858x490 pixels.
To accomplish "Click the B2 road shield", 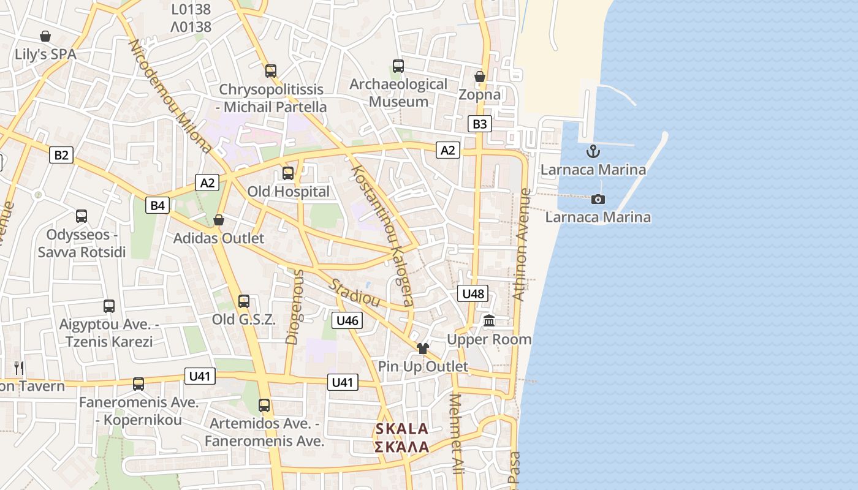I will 61,155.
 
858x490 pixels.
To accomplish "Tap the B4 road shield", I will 158,205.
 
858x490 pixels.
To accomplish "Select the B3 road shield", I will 479,124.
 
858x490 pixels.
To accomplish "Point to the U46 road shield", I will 347,320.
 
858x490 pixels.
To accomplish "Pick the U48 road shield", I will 473,294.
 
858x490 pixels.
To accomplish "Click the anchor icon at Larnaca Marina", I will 593,151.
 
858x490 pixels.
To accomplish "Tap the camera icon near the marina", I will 598,199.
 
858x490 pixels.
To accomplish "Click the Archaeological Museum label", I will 398,92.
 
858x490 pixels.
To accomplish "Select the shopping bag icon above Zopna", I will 480,77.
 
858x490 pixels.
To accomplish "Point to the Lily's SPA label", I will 45,54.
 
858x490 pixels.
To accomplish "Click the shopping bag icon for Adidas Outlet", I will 219,220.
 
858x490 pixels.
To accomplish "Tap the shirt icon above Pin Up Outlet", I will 422,349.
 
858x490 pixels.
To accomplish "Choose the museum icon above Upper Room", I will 489,320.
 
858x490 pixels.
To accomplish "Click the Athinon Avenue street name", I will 522,244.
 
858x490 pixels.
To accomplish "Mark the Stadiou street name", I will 354,293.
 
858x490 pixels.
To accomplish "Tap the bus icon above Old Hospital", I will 288,173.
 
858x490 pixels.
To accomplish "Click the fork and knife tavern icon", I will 19,367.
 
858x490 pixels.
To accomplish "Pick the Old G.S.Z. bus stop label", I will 244,319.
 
